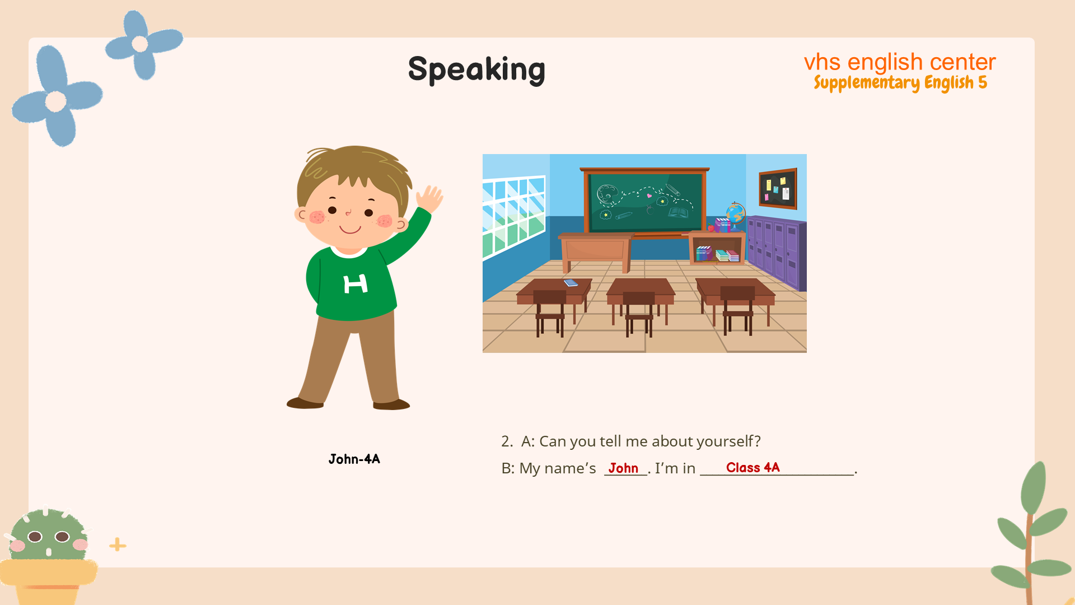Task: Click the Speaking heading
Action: [x=476, y=69]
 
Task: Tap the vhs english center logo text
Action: [x=900, y=62]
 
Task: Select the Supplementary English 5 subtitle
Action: [x=900, y=83]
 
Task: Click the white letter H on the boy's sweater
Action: [x=356, y=284]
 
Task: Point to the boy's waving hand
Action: [x=429, y=198]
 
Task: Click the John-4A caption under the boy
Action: [x=354, y=459]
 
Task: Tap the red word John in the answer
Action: [x=623, y=468]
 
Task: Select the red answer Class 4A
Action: [x=752, y=468]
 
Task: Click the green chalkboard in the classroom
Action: [x=645, y=202]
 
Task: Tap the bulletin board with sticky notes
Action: [x=778, y=188]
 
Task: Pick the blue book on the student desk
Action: [x=571, y=283]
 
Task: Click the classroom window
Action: [x=513, y=217]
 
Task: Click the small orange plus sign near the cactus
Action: [x=118, y=544]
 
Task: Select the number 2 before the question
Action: [x=506, y=441]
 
